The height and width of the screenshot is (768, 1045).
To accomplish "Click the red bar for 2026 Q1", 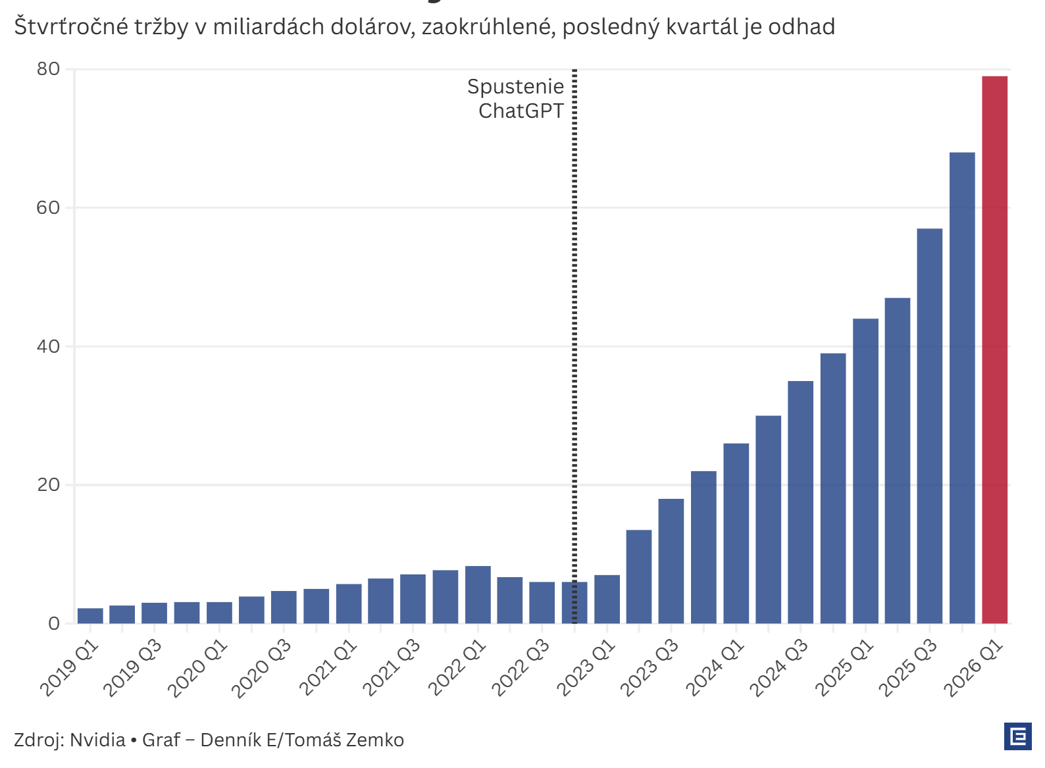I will click(994, 349).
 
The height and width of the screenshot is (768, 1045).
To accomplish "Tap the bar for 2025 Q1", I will click(865, 471).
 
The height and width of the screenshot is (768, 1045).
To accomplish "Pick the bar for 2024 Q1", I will click(736, 533).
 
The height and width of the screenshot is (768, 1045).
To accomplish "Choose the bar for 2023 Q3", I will click(671, 561).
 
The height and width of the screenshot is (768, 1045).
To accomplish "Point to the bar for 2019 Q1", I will click(90, 616).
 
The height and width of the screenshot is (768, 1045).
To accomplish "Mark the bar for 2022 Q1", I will click(478, 594).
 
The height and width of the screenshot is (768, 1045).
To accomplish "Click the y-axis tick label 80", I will click(48, 69).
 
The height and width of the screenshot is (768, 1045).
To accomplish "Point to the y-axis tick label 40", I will click(48, 346).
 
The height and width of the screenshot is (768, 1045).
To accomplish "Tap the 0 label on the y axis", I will click(54, 624).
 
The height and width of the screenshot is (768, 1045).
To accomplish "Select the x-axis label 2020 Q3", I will click(261, 667).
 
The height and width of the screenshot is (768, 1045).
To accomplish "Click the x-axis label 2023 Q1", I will click(585, 667).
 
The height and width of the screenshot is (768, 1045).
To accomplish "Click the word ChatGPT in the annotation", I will click(521, 111).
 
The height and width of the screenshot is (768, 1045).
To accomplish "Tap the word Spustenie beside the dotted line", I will click(515, 86).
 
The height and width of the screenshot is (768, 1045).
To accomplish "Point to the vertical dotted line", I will click(574, 329).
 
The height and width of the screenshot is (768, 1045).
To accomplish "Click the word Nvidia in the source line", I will click(97, 740).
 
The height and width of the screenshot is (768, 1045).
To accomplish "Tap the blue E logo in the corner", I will click(1017, 736).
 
